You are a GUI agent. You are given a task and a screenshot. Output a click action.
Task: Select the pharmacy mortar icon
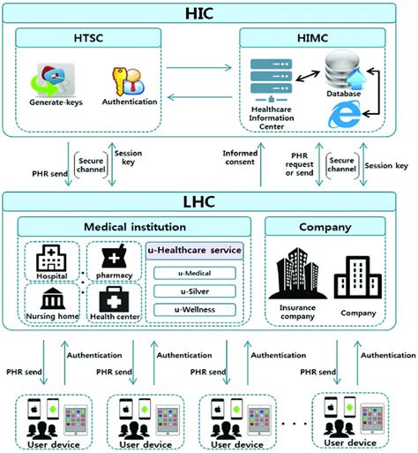tap(112, 258)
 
